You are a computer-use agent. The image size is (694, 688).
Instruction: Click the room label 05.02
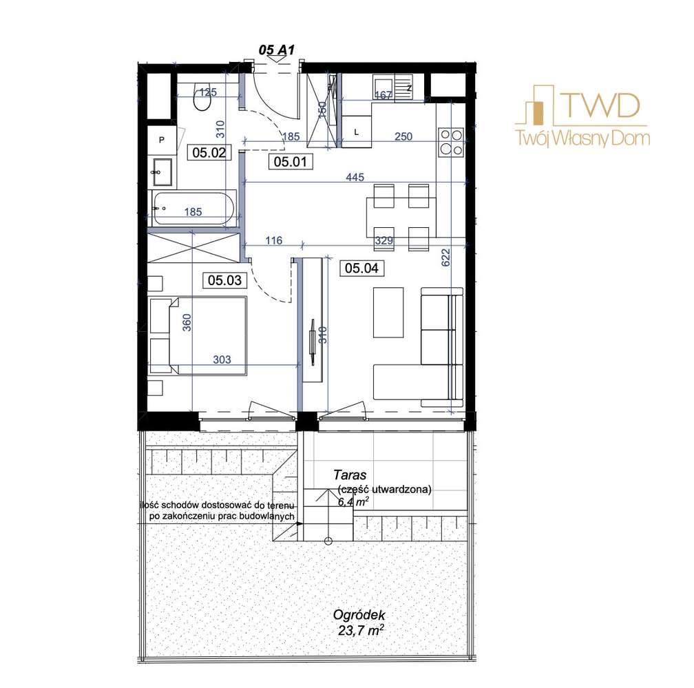[x=209, y=153]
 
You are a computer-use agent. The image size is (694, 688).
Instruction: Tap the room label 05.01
[x=291, y=162]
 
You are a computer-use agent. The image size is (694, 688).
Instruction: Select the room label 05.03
[x=225, y=280]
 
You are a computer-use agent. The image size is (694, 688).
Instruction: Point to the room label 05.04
[x=361, y=269]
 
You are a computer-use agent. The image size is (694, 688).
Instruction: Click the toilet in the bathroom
[x=202, y=97]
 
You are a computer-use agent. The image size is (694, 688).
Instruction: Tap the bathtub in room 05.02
[x=194, y=208]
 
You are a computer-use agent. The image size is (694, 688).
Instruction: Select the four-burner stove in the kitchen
[x=451, y=142]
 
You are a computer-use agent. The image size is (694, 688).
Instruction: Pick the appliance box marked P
[x=162, y=139]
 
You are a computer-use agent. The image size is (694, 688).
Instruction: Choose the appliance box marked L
[x=357, y=132]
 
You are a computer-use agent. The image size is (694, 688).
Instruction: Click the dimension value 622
[x=445, y=258]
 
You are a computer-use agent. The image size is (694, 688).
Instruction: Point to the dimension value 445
[x=355, y=177]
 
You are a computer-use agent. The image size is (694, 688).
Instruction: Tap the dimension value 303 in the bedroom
[x=222, y=359]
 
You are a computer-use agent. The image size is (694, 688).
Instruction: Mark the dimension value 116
[x=274, y=240]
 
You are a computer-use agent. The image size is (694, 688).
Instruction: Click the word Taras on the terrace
[x=350, y=475]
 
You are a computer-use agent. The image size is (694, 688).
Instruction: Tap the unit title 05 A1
[x=277, y=50]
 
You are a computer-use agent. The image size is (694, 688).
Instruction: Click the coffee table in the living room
[x=388, y=313]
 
